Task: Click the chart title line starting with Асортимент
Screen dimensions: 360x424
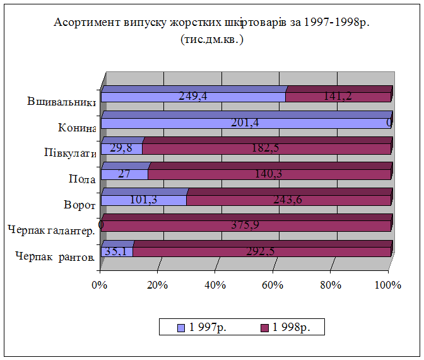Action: click(x=211, y=23)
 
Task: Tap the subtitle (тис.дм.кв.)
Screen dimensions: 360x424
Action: click(x=211, y=39)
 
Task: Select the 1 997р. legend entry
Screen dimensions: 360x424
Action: click(x=204, y=327)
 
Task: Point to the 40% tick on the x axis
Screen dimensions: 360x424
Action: click(x=215, y=285)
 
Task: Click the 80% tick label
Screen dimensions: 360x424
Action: click(x=330, y=285)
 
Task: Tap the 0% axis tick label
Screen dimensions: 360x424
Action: click(x=98, y=285)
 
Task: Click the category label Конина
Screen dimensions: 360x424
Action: click(x=76, y=128)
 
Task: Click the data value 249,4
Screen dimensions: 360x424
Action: click(x=194, y=97)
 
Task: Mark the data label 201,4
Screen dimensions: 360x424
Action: click(x=245, y=123)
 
